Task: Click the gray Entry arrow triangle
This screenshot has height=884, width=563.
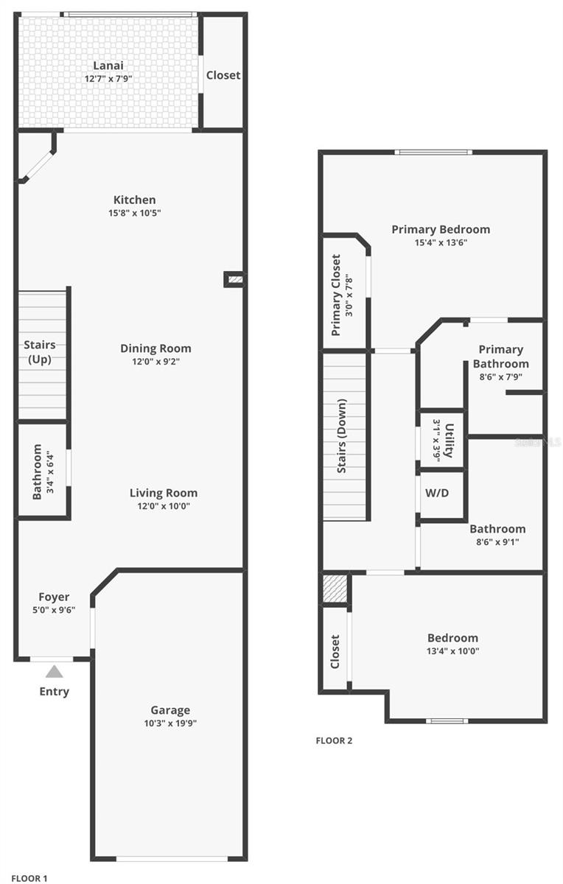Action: pyautogui.click(x=54, y=671)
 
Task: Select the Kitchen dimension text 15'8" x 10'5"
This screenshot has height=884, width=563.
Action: pyautogui.click(x=134, y=213)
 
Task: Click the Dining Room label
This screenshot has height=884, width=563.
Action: pyautogui.click(x=155, y=348)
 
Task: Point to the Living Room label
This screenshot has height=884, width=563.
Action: pyautogui.click(x=164, y=493)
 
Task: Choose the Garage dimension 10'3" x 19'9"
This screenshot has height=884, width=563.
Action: pyautogui.click(x=170, y=723)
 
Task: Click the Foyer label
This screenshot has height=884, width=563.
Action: pyautogui.click(x=54, y=597)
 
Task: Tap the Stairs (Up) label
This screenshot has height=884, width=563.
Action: pyautogui.click(x=39, y=352)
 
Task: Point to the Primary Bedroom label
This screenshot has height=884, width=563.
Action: pyautogui.click(x=440, y=229)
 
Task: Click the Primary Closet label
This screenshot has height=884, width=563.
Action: pyautogui.click(x=336, y=295)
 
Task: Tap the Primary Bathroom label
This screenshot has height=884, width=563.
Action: pyautogui.click(x=500, y=357)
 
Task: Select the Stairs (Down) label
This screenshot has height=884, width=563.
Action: pyautogui.click(x=341, y=438)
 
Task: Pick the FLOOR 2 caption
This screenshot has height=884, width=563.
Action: pyautogui.click(x=334, y=740)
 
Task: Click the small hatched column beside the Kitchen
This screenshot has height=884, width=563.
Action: pyautogui.click(x=234, y=279)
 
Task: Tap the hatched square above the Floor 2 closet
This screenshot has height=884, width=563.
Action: pyautogui.click(x=335, y=589)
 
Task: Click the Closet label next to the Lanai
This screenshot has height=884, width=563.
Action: pyautogui.click(x=223, y=75)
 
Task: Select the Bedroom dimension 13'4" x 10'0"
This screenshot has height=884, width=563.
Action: pyautogui.click(x=452, y=650)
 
